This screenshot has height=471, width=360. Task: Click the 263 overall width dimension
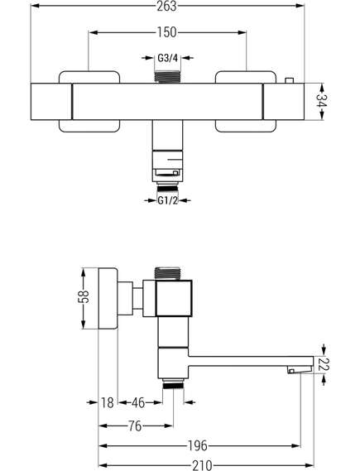[166, 6]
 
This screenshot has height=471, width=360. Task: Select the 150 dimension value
[167, 32]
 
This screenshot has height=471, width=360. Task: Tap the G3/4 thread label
[168, 58]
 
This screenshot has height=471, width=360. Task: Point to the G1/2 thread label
[168, 200]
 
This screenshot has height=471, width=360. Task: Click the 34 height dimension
[322, 102]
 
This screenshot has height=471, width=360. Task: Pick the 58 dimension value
[84, 297]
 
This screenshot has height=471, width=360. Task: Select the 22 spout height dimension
[324, 364]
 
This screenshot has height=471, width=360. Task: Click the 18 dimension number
[108, 402]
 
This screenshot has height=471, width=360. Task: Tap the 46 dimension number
[138, 402]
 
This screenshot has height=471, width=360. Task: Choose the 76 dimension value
[135, 425]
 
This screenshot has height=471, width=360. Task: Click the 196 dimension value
[197, 445]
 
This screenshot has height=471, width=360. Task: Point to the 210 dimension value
[202, 465]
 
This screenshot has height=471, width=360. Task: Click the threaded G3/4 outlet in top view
[167, 77]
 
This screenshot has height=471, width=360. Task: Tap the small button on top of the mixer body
[289, 80]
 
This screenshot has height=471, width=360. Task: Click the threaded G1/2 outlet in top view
[167, 188]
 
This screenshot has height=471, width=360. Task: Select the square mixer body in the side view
[174, 298]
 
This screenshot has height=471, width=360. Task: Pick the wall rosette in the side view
[108, 298]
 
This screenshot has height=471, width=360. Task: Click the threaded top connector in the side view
[167, 273]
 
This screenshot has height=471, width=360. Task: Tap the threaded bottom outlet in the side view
[173, 383]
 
